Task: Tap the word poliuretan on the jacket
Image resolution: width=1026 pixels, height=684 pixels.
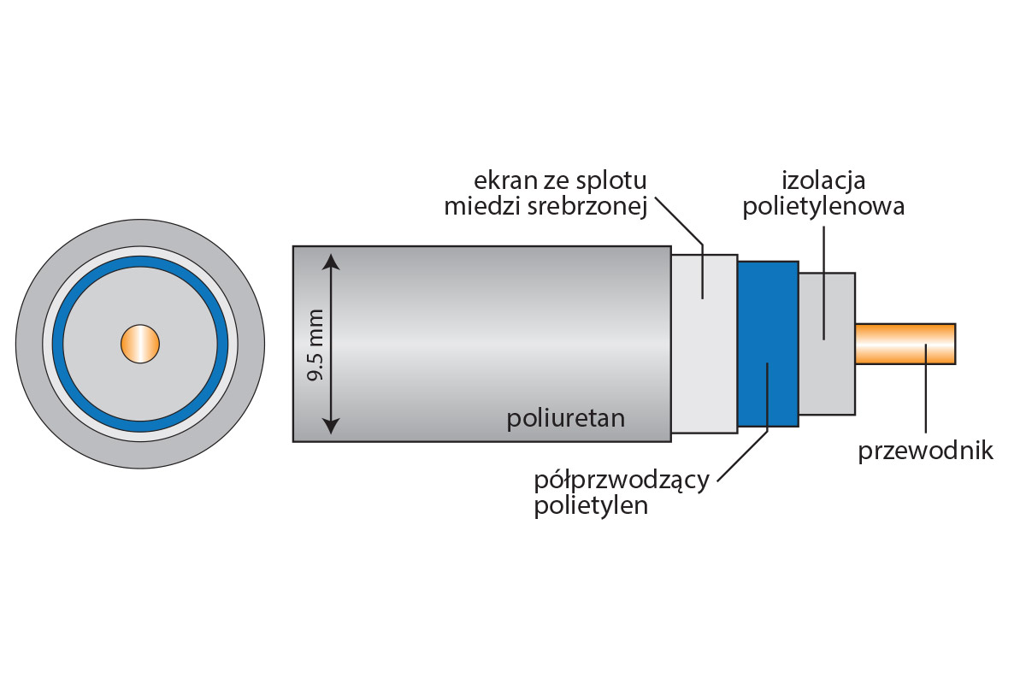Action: [x=565, y=418]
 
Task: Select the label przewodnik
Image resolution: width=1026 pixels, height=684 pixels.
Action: [x=925, y=451]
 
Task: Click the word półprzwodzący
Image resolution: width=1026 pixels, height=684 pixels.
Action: [x=621, y=480]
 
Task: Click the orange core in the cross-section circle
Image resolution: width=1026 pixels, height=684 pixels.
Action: [x=139, y=344]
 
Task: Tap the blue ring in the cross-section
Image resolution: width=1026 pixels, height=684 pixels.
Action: [x=140, y=261]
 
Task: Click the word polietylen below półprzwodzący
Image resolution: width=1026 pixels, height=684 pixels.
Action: [x=590, y=505]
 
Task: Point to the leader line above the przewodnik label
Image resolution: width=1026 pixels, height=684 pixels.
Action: [x=925, y=393]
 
